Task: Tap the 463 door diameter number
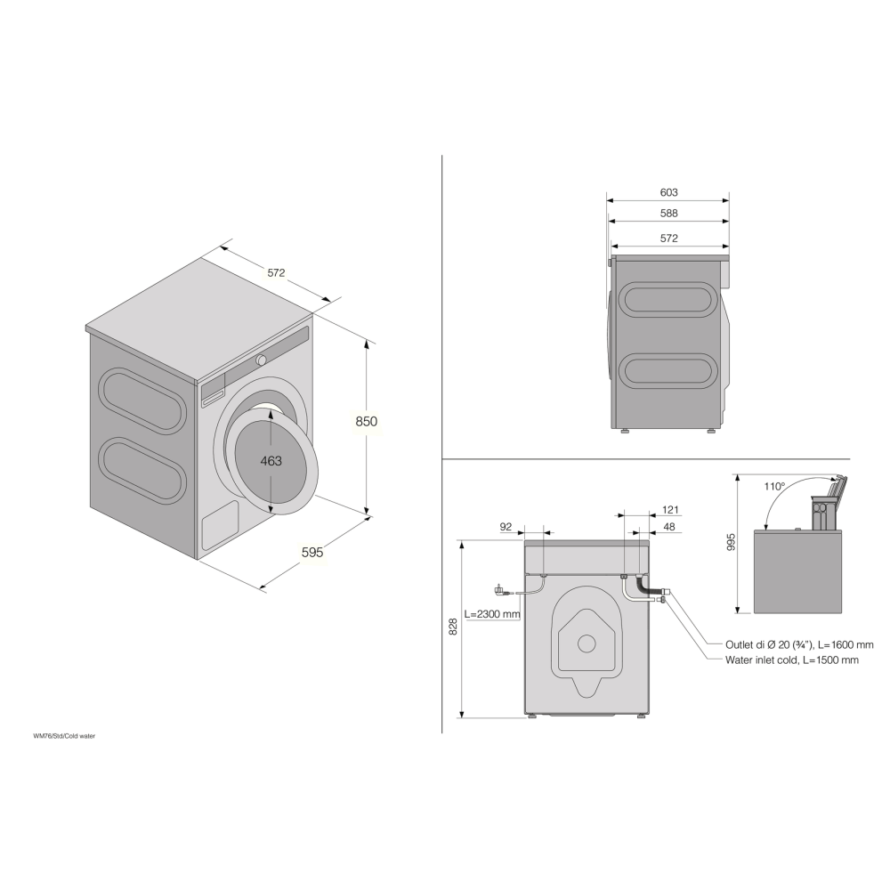[271, 460]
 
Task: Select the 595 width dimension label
[311, 553]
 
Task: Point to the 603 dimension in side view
[669, 192]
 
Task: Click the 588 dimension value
[669, 214]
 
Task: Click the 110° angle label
[773, 486]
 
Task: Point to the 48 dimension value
[670, 527]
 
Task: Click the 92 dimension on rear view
[506, 527]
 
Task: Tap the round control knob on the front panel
[261, 360]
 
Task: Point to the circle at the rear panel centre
[586, 643]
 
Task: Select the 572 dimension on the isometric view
[276, 273]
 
